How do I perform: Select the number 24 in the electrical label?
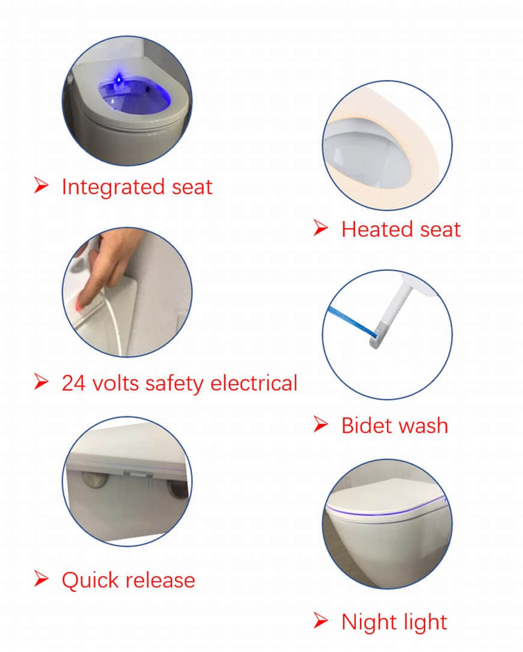click(x=74, y=383)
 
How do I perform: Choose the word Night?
click(x=368, y=623)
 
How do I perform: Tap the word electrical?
click(x=254, y=383)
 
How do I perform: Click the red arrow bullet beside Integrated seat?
click(x=41, y=186)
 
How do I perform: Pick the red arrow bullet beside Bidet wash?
click(x=321, y=424)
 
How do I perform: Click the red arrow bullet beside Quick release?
click(x=41, y=579)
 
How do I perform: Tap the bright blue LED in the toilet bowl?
click(x=119, y=78)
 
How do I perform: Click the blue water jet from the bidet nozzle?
click(x=352, y=321)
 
